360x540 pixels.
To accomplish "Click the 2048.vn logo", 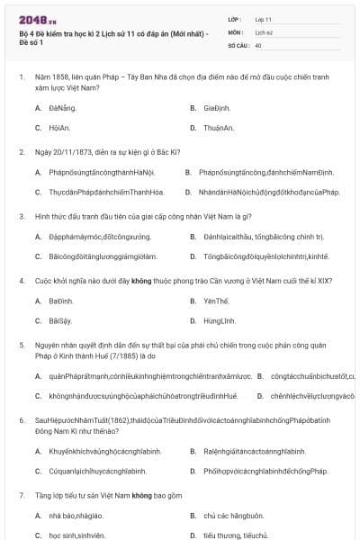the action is (37, 19).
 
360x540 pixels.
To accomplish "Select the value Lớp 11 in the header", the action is (263, 18).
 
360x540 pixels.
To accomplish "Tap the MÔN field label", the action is (236, 31).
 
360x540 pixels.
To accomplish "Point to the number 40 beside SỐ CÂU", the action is (258, 44).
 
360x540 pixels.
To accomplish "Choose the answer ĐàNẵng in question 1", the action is (63, 108).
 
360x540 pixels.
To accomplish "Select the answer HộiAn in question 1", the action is (60, 128).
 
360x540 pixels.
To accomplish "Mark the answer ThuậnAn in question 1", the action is (220, 128).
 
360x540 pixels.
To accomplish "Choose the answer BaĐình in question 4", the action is (61, 301).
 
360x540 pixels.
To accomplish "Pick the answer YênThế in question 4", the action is (217, 301).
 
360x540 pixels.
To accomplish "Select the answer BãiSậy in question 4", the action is (60, 320).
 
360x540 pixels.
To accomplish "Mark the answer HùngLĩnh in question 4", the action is (219, 320).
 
